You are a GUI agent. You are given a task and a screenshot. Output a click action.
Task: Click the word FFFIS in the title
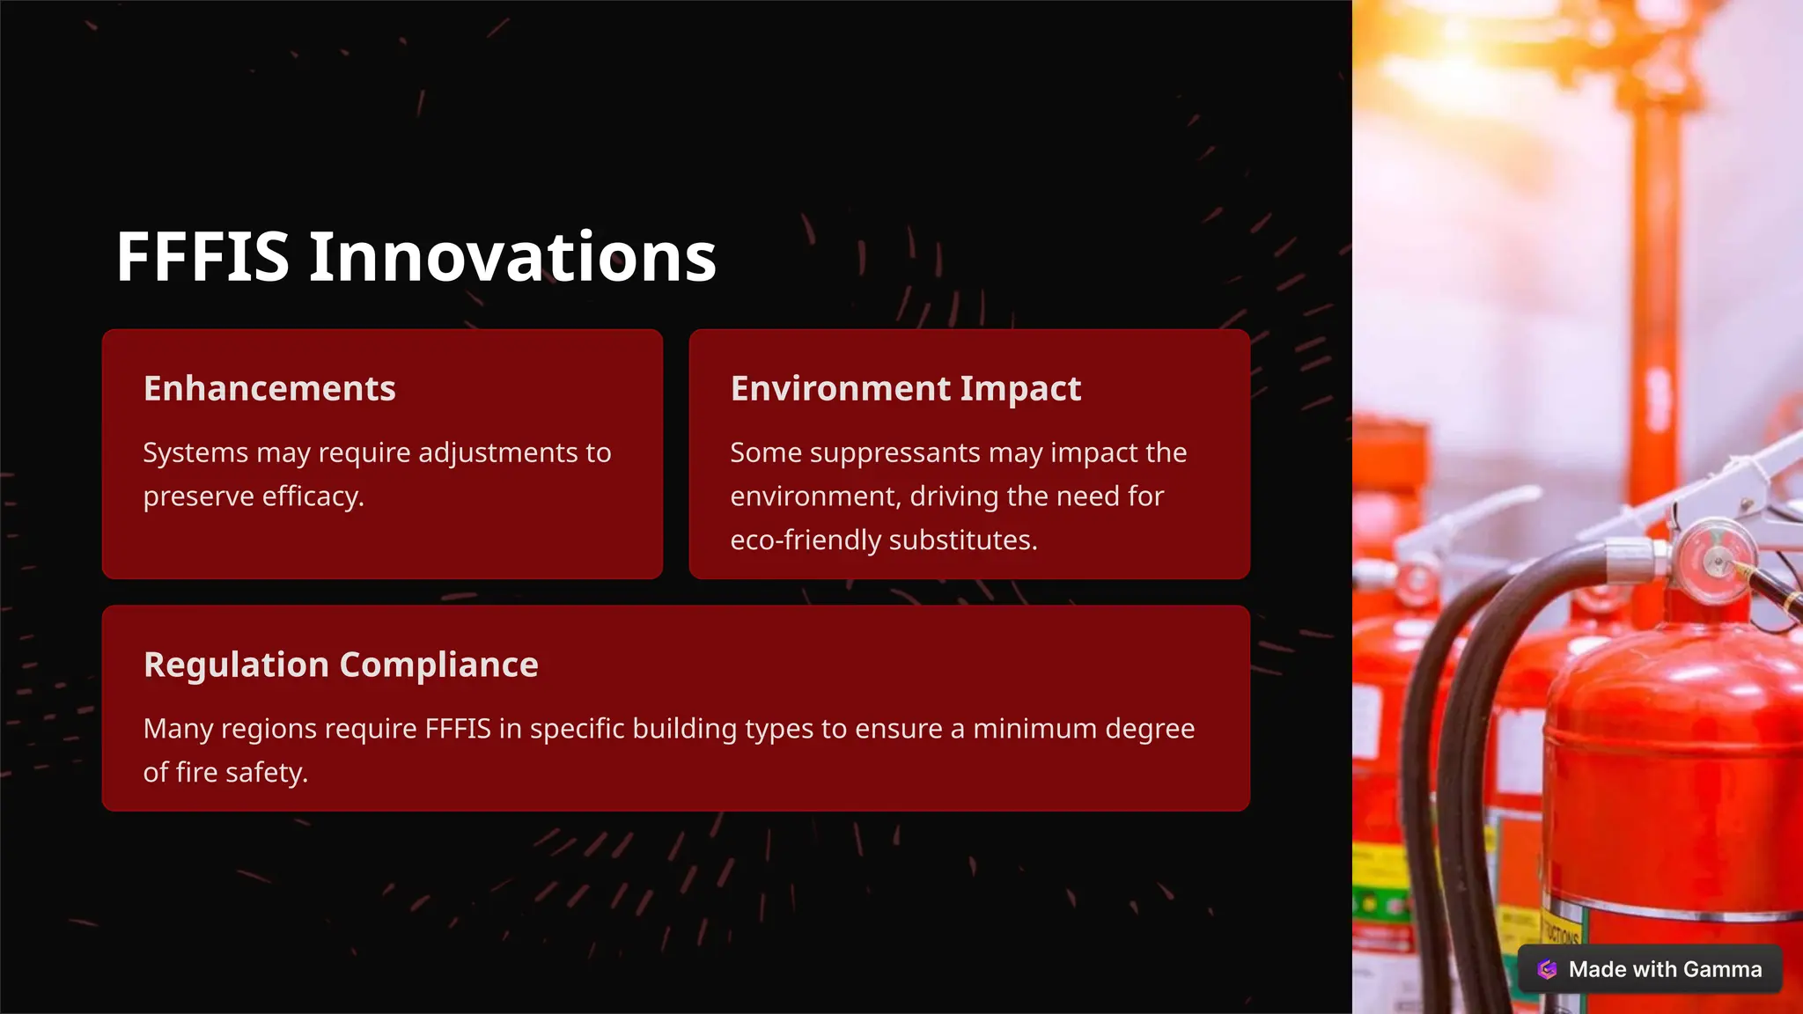[x=202, y=257]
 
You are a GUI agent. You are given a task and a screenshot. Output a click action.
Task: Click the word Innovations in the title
[x=512, y=257]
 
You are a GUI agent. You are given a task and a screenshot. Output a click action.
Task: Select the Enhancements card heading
[x=269, y=388]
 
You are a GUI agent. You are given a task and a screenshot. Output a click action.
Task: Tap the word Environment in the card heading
[x=841, y=388]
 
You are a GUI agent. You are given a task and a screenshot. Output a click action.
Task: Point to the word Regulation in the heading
[x=237, y=665]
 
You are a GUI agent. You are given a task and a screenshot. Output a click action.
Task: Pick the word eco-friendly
[x=806, y=540]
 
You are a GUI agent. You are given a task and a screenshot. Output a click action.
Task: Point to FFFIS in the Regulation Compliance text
[x=457, y=729]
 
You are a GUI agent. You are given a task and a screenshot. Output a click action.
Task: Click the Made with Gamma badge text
[x=1665, y=969]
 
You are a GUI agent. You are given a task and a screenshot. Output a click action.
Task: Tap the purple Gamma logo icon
[x=1547, y=969]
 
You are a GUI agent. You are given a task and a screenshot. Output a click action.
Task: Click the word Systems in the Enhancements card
[x=195, y=452]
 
